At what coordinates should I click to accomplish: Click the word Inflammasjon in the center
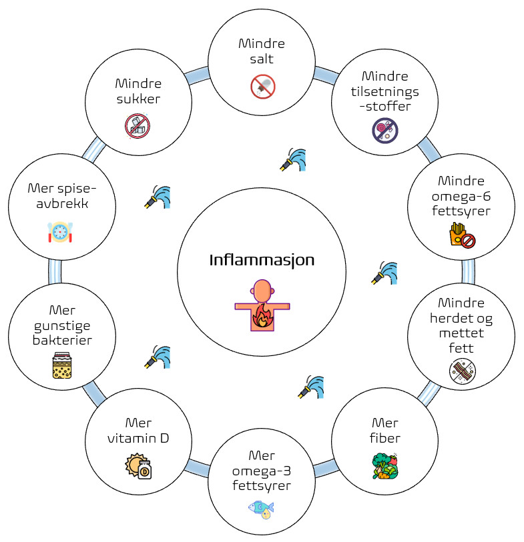point(261,259)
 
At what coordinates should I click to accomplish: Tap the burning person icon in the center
point(261,307)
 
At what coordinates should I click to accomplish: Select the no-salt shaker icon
point(262,86)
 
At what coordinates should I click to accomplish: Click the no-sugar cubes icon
point(138,125)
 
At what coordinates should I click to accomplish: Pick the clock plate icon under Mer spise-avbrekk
point(59,231)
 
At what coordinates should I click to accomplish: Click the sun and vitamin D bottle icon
point(138,466)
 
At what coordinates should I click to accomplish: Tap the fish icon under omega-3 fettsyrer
point(260,509)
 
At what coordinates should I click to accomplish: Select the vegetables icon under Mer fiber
point(385,465)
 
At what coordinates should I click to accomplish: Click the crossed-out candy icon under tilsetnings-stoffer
point(384,129)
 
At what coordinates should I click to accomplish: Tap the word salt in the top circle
point(261,59)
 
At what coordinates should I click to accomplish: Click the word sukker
point(138,100)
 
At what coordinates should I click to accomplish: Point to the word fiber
point(384,439)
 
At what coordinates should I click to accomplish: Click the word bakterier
point(61,341)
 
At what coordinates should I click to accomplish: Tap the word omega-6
point(461,196)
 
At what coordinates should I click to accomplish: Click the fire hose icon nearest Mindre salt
point(292,160)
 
